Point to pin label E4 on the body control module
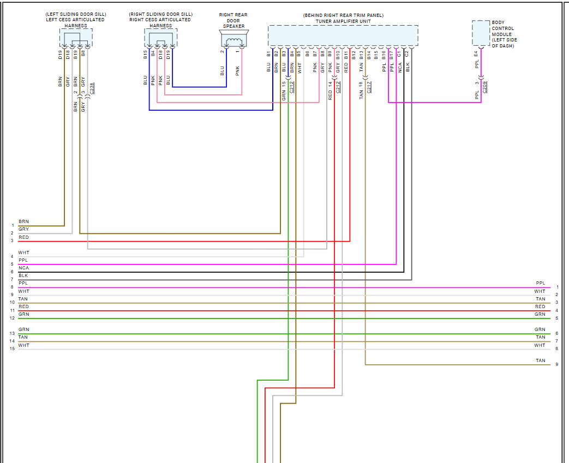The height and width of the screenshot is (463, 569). pos(476,54)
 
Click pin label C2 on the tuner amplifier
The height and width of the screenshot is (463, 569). pos(407,54)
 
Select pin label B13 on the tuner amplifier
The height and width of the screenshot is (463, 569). pos(361,55)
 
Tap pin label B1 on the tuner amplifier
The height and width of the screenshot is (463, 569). pos(269,54)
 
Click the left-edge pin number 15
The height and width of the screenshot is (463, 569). pos(12,349)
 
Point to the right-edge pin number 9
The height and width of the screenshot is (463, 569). pos(556,364)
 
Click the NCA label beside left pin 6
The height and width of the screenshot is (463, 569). pos(23,268)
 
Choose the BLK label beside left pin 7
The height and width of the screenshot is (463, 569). pos(23,275)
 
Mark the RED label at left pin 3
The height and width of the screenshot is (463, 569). pos(23,238)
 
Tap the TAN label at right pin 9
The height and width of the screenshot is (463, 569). pos(540,360)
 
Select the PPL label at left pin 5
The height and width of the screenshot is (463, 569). pos(23,260)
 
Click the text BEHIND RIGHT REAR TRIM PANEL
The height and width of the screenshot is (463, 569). pos(343,15)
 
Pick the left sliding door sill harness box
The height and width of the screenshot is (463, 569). pos(76,37)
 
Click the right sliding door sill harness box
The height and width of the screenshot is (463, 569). pos(160,37)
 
